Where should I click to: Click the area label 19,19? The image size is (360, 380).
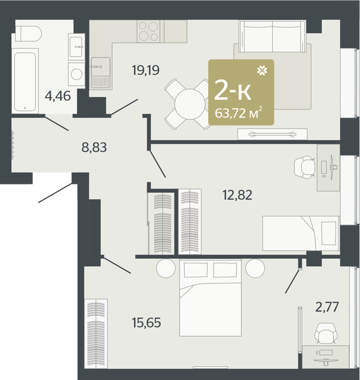tap(146, 71)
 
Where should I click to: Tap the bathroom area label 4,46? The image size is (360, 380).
tap(58, 96)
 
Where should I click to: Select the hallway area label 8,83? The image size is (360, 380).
tap(94, 147)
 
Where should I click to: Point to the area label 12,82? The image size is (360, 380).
tap(237, 195)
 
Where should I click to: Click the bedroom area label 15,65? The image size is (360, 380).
tap(146, 323)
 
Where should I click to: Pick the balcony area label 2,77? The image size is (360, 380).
tap(327, 307)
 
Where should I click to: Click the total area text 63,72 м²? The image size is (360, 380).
tap(239, 113)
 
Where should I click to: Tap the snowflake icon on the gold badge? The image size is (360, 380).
tap(262, 71)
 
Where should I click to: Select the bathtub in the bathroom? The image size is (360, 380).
tap(25, 81)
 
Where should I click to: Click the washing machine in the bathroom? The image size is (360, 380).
tap(76, 74)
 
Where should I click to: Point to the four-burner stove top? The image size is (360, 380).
tap(149, 31)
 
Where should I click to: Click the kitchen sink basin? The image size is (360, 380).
tap(101, 66)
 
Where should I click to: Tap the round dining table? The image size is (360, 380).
tap(190, 104)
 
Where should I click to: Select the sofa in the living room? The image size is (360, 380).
tap(272, 36)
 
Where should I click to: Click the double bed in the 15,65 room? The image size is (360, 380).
tap(210, 297)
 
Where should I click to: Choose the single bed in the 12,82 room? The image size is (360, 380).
tap(301, 233)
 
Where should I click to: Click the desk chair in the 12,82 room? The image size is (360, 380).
tap(305, 167)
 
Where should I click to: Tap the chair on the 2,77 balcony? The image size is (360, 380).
tap(326, 333)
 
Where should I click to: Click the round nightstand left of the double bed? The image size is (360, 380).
tap(166, 268)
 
